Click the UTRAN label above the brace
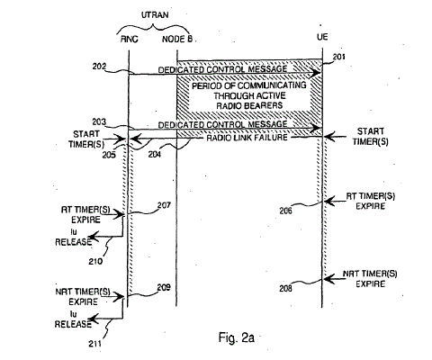click(155, 15)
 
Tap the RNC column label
click(130, 40)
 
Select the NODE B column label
click(177, 40)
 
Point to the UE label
click(322, 37)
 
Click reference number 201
click(339, 57)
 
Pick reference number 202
click(99, 67)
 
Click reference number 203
click(99, 121)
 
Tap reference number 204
click(155, 155)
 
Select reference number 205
click(109, 155)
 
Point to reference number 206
click(285, 211)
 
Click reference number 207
click(164, 205)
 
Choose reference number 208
click(285, 289)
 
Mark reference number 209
click(164, 287)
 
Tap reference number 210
click(95, 261)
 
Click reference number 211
click(94, 344)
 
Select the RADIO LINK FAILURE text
click(247, 138)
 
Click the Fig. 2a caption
click(237, 337)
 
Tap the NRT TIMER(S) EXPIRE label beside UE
click(370, 279)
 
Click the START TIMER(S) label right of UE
click(371, 137)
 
